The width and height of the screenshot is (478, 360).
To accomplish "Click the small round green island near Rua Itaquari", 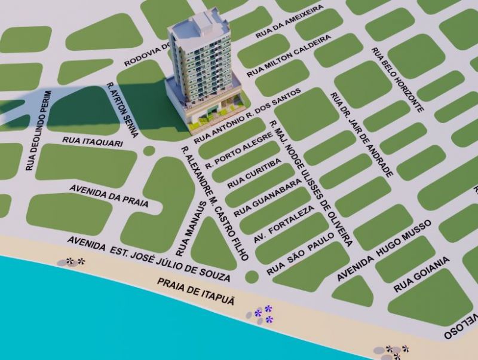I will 149,151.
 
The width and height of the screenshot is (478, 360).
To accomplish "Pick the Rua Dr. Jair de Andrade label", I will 363,134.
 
